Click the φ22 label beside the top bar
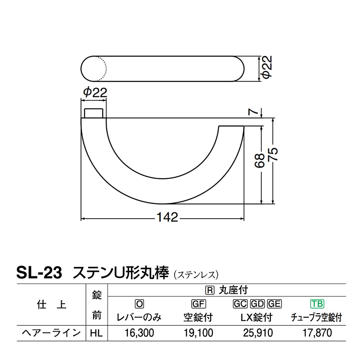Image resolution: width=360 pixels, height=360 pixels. point(267,69)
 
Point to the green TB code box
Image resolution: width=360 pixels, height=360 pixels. point(317,304)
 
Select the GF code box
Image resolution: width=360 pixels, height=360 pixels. point(198,304)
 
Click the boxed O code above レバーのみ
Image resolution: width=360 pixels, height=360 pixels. point(139,304)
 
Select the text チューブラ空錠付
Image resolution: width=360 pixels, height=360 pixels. point(317,318)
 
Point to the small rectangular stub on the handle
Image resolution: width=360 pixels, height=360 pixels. point(94,113)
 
